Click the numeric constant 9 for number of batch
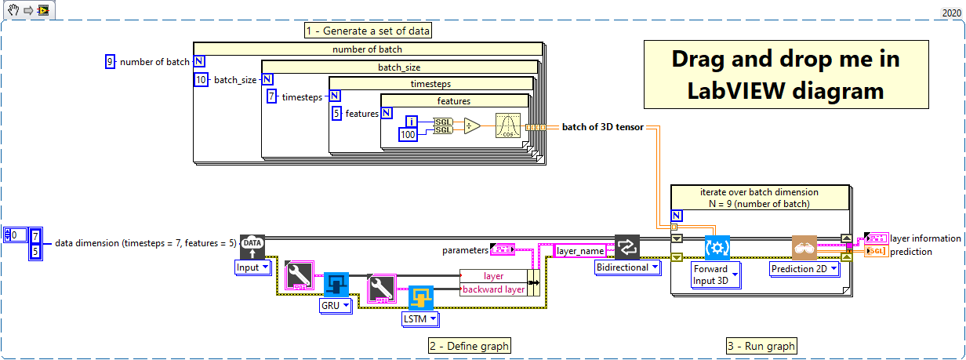[111, 62]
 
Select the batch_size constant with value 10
[200, 79]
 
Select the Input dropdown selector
[252, 267]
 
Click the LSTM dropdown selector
[420, 319]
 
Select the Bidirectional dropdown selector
[627, 267]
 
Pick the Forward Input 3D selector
[714, 275]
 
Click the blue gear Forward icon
[717, 247]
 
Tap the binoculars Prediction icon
[804, 247]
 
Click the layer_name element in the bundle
[579, 251]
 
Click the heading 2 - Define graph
[469, 346]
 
